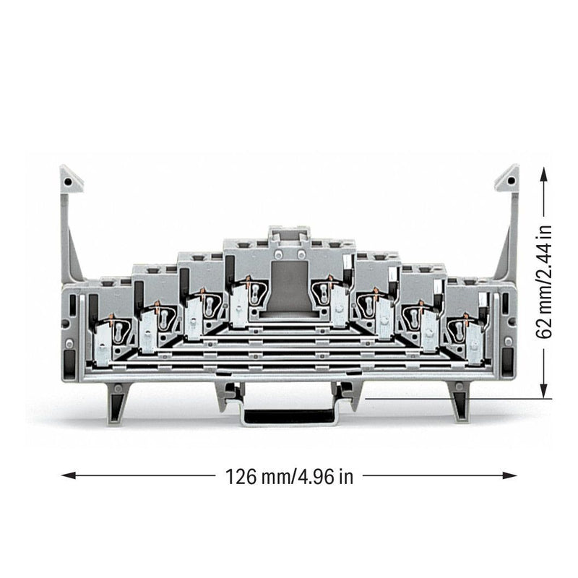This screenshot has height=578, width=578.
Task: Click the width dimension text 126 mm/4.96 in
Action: coord(289,477)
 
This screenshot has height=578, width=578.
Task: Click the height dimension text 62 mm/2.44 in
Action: coord(544,282)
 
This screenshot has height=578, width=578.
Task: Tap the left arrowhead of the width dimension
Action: coord(69,475)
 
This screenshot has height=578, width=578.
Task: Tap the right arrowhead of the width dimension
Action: coord(509,475)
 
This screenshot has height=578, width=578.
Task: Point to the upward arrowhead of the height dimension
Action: coord(543,175)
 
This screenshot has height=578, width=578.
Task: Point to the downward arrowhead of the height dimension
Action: coord(543,390)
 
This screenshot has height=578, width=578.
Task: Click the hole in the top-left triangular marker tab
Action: coord(68,182)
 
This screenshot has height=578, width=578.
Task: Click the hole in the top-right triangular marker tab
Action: coord(511,181)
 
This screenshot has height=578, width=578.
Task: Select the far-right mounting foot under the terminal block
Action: coord(460,401)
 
